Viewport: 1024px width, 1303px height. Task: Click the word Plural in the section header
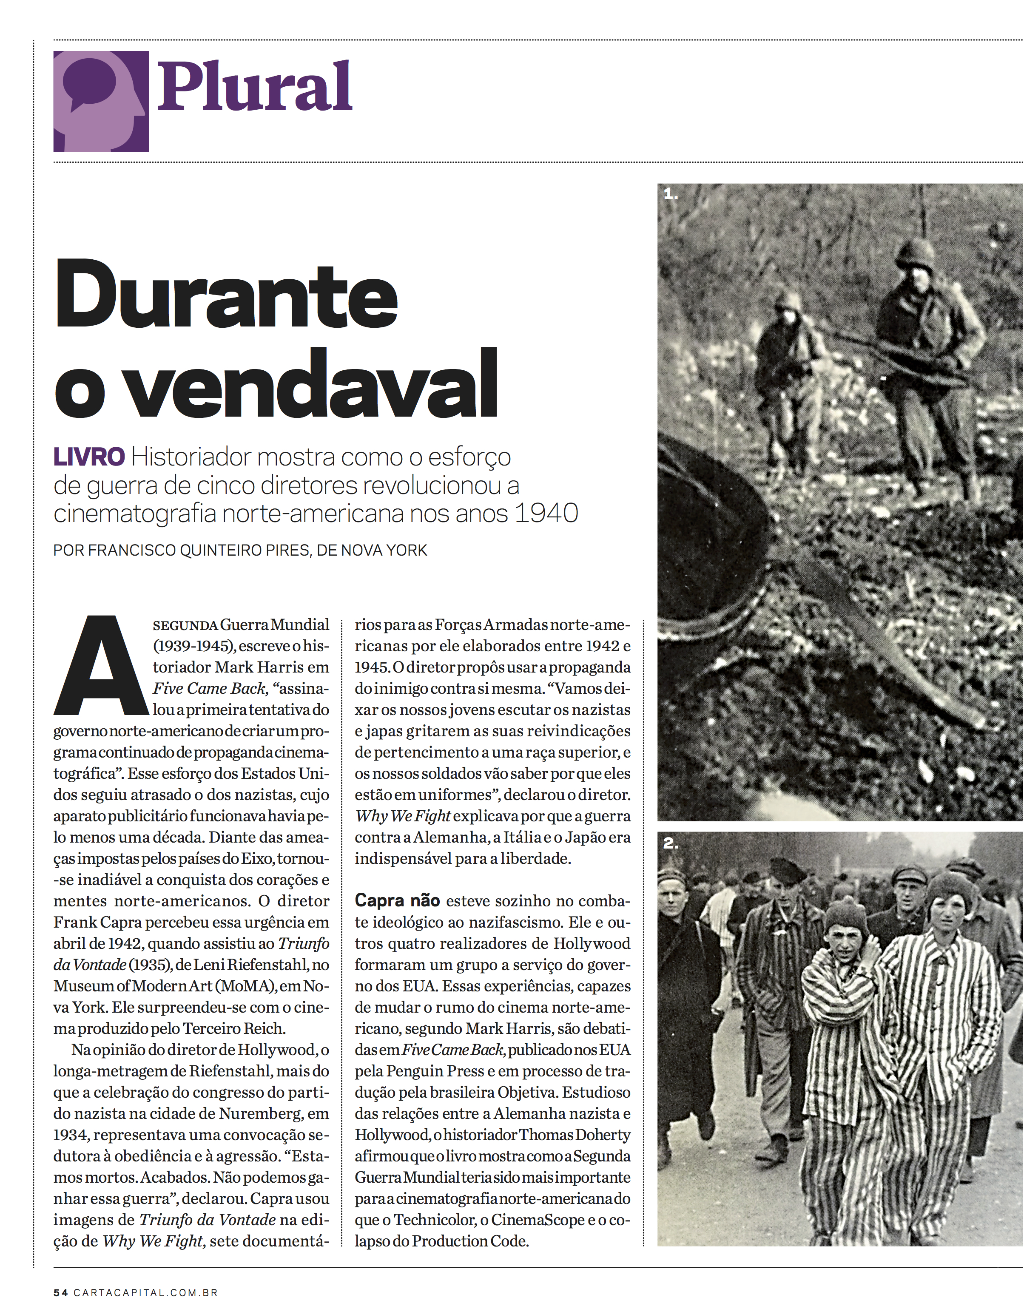254,86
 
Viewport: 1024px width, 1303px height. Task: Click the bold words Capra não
397,901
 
